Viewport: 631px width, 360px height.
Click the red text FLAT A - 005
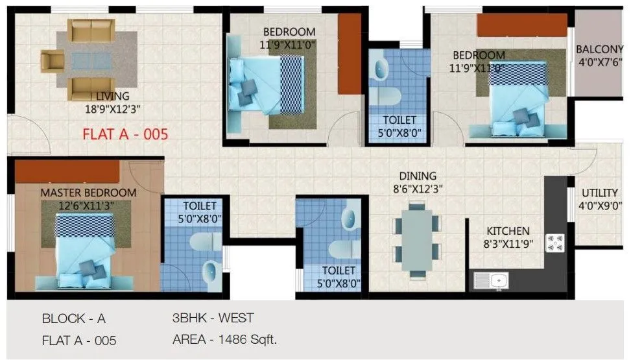pyautogui.click(x=125, y=135)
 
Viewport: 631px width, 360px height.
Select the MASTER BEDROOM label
pyautogui.click(x=88, y=193)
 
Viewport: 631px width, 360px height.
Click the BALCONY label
pyautogui.click(x=600, y=49)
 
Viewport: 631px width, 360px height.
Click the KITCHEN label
pyautogui.click(x=508, y=231)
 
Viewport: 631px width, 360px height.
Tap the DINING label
pyautogui.click(x=418, y=176)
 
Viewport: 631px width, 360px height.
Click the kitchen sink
pyautogui.click(x=492, y=281)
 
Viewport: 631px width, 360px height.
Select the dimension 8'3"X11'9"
pyautogui.click(x=508, y=245)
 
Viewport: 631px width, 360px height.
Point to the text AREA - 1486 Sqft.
pyautogui.click(x=225, y=339)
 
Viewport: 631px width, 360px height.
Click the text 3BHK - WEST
pyautogui.click(x=213, y=318)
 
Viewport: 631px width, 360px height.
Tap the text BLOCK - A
pyautogui.click(x=73, y=318)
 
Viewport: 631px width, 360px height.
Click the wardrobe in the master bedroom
pyautogui.click(x=67, y=172)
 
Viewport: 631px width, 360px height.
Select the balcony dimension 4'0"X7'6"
pyautogui.click(x=600, y=62)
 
